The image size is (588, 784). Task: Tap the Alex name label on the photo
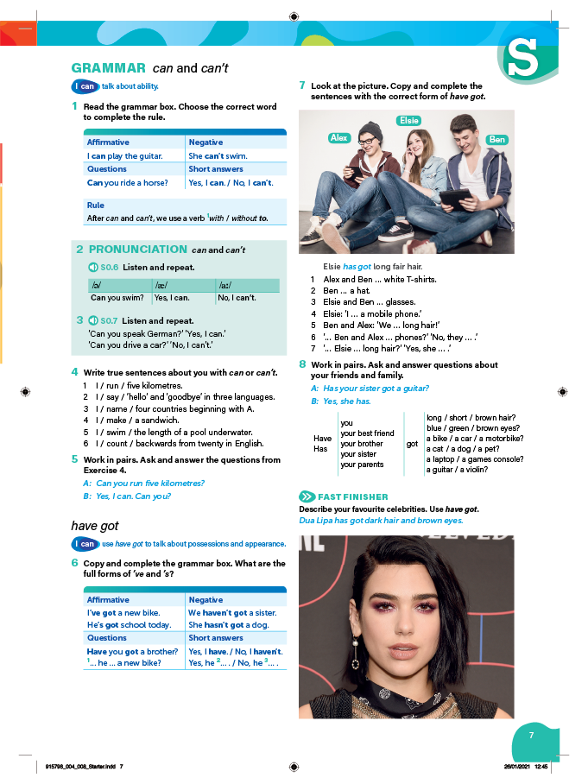pyautogui.click(x=339, y=138)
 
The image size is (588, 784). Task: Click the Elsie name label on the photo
pyautogui.click(x=408, y=121)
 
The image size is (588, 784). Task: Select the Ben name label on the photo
pyautogui.click(x=496, y=140)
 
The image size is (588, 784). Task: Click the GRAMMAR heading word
pyautogui.click(x=108, y=67)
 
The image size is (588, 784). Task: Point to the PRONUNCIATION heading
pyautogui.click(x=138, y=250)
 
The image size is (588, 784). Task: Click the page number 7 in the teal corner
pyautogui.click(x=532, y=735)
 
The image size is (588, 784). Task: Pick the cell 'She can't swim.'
pyautogui.click(x=218, y=156)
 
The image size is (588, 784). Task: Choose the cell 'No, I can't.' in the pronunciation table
pyautogui.click(x=237, y=298)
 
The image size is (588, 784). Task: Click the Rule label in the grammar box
pyautogui.click(x=95, y=205)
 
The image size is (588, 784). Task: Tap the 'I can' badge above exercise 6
pyautogui.click(x=85, y=544)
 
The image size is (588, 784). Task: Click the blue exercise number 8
pyautogui.click(x=302, y=364)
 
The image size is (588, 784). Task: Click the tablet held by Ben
pyautogui.click(x=454, y=199)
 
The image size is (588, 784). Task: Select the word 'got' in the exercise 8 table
pyautogui.click(x=412, y=444)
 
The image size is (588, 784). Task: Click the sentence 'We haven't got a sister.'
pyautogui.click(x=229, y=613)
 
